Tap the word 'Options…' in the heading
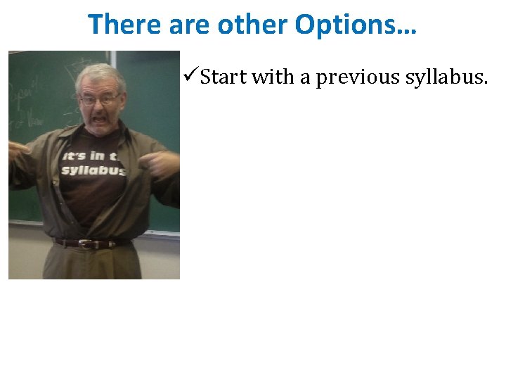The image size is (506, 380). (x=356, y=25)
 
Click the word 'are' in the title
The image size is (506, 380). (x=188, y=25)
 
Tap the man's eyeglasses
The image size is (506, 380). (x=99, y=100)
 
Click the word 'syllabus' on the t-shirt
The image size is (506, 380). (x=93, y=170)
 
